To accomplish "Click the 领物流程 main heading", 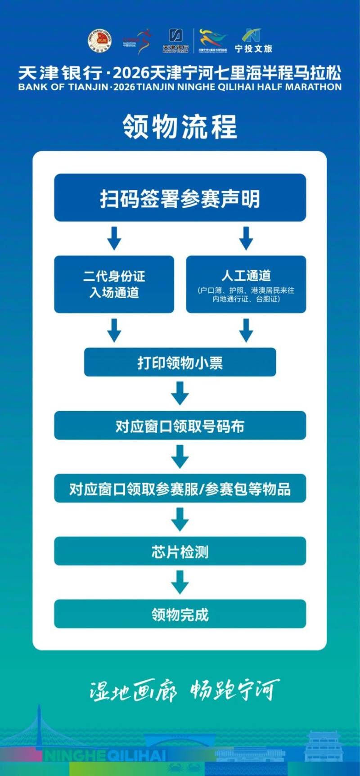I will pyautogui.click(x=180, y=126).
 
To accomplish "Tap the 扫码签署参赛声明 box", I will pyautogui.click(x=180, y=198).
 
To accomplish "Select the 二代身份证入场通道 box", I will pyautogui.click(x=114, y=284).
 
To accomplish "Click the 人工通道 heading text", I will pyautogui.click(x=246, y=275).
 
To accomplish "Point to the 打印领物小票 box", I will pyautogui.click(x=180, y=363).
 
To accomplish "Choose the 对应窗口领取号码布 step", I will pyautogui.click(x=180, y=426).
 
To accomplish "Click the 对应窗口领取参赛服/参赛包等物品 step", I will pyautogui.click(x=180, y=489).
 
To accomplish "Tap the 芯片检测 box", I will pyautogui.click(x=180, y=552).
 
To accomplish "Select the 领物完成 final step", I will pyautogui.click(x=180, y=614).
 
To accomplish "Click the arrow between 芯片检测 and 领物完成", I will pyautogui.click(x=180, y=583).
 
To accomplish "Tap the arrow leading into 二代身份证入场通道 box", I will pyautogui.click(x=114, y=238).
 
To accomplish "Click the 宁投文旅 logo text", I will pyautogui.click(x=253, y=49).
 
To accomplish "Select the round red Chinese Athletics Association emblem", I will pyautogui.click(x=99, y=40).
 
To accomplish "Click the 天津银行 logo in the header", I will pyautogui.click(x=175, y=41).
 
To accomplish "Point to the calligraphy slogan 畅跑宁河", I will pyautogui.click(x=234, y=690).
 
